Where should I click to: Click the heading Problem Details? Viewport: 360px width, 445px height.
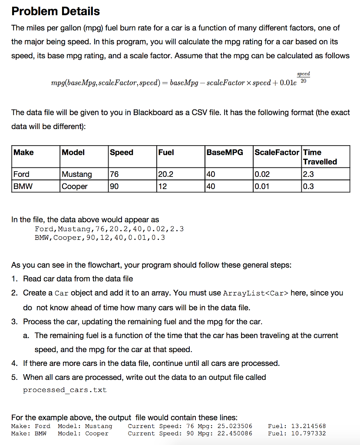tap(56, 11)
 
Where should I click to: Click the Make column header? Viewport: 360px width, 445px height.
tap(24, 153)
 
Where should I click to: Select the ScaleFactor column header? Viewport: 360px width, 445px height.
tap(277, 153)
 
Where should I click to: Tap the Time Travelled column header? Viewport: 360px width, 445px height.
tap(320, 157)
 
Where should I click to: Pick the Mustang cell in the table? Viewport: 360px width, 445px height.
tap(77, 174)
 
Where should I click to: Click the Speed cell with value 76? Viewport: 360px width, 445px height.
tap(114, 174)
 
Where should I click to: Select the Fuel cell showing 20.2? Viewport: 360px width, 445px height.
tap(165, 174)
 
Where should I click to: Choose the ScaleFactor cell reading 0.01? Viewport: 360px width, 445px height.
tap(262, 186)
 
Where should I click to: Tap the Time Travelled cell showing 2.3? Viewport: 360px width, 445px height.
tap(309, 174)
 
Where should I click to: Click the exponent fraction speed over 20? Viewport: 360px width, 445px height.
tap(304, 78)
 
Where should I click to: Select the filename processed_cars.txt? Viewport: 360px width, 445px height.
tap(65, 390)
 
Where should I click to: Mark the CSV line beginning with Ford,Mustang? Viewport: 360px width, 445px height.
tap(109, 229)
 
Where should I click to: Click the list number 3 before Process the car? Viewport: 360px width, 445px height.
tap(14, 322)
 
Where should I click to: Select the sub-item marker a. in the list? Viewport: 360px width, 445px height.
tap(26, 335)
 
